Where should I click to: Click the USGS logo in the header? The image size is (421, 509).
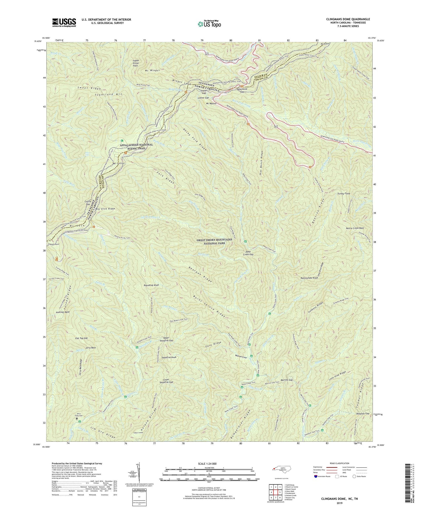click(64, 22)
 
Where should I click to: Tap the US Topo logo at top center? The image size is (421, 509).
click(209, 24)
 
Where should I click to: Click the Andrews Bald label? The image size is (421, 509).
click(63, 312)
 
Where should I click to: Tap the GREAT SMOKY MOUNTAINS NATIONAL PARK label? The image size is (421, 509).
click(214, 241)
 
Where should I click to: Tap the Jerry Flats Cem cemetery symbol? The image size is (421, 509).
click(77, 419)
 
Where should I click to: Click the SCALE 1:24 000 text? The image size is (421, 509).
click(209, 464)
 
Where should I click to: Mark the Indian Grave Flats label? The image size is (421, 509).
click(136, 63)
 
